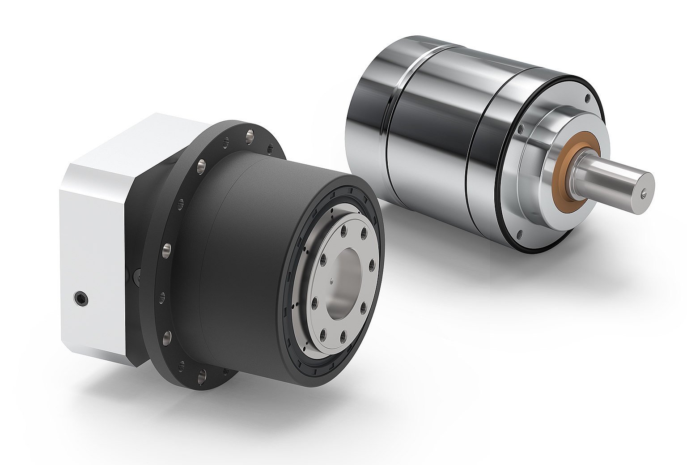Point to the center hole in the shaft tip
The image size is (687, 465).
[643, 194]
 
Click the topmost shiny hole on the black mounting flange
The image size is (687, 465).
[250, 134]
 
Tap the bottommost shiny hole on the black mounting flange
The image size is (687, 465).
[202, 373]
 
